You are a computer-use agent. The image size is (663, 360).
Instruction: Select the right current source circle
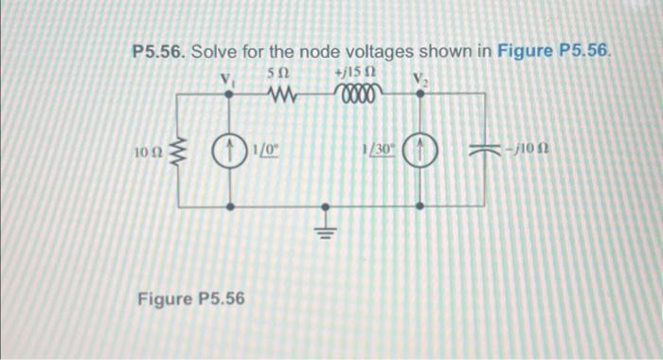coord(421,149)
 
